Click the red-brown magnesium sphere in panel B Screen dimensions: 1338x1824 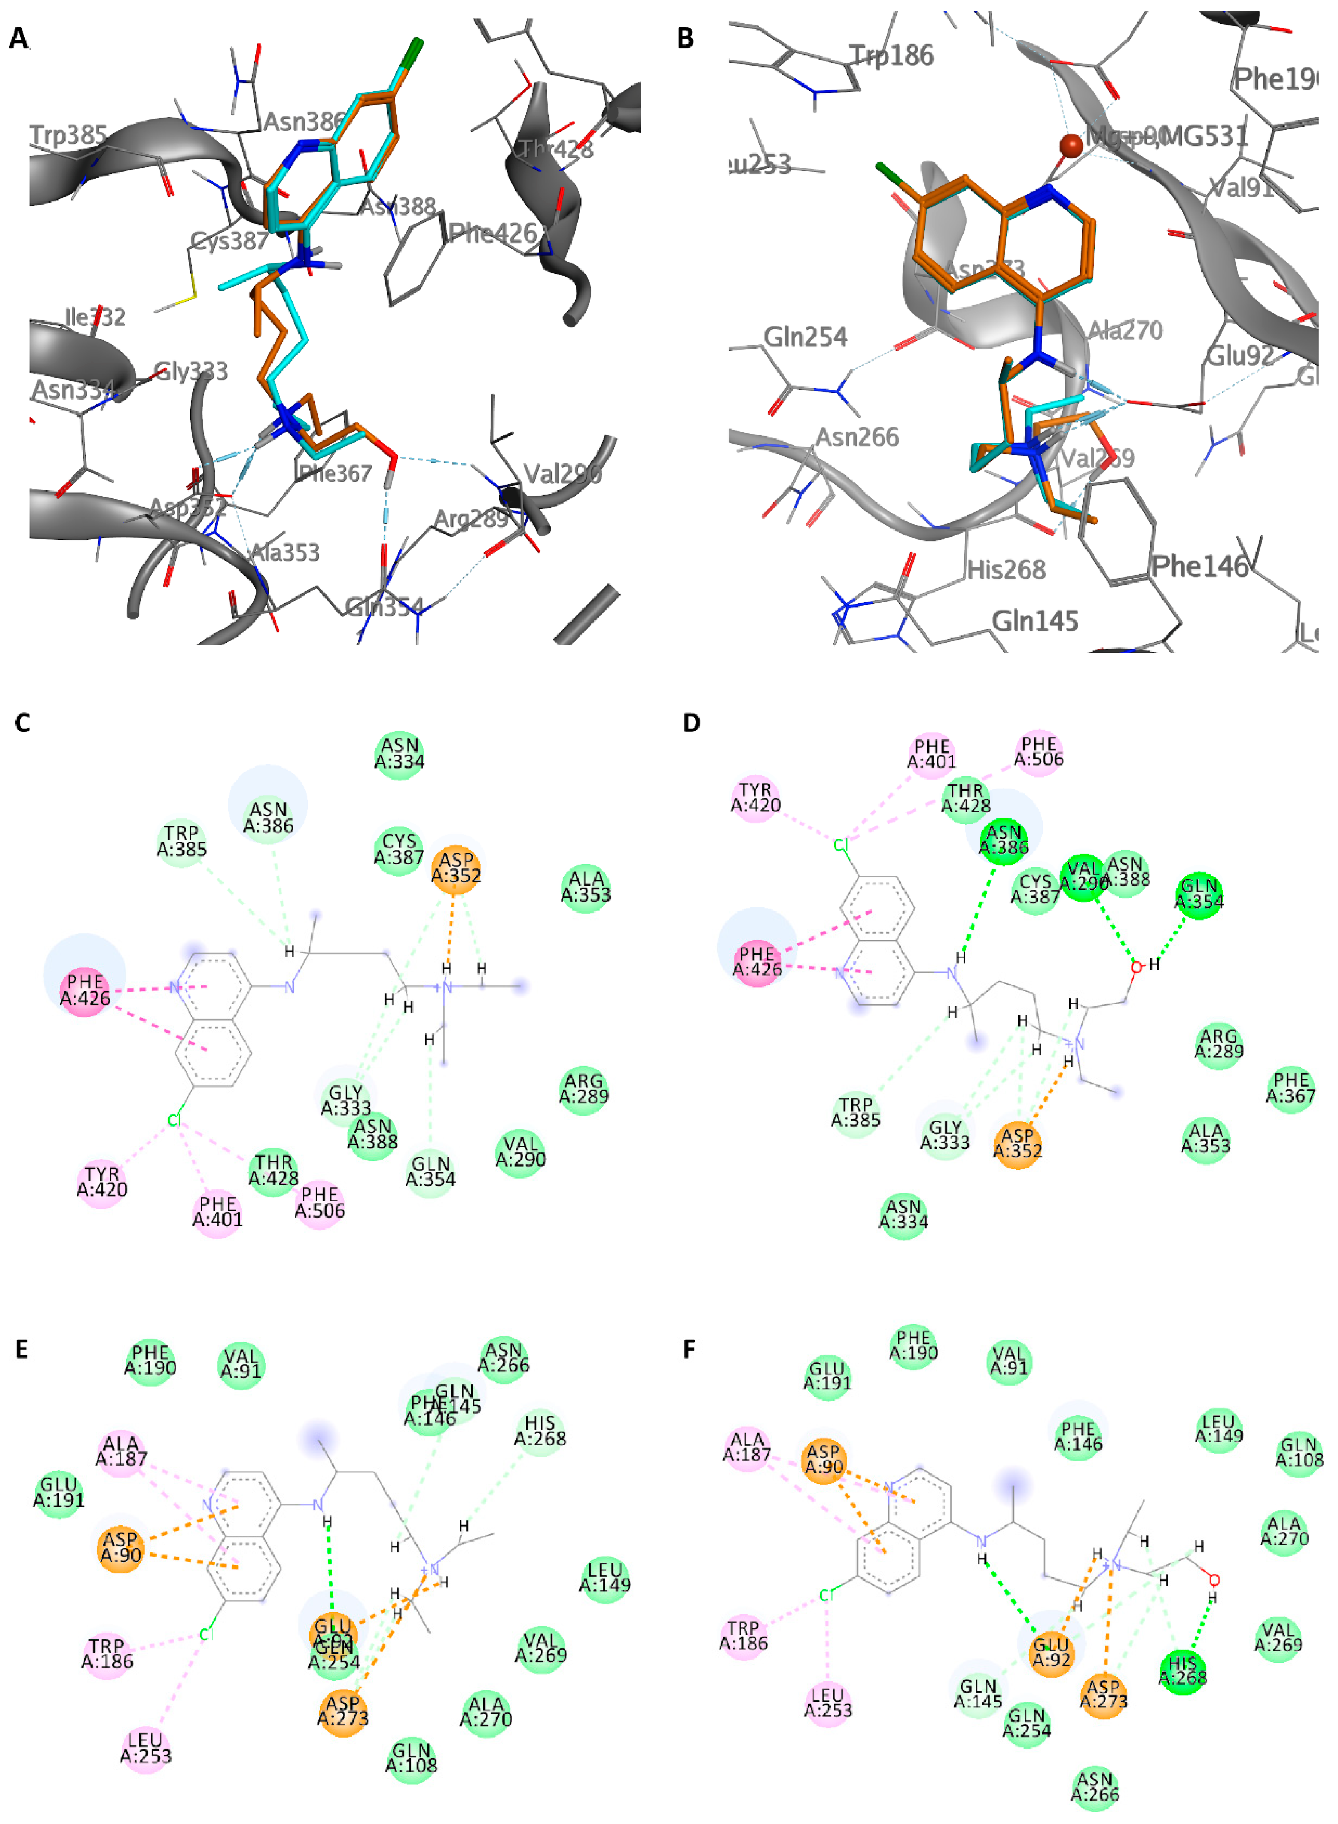point(1071,146)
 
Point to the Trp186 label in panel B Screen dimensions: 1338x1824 point(892,55)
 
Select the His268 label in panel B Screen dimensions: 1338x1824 point(1007,570)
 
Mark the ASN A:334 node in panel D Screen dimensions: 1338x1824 point(903,1214)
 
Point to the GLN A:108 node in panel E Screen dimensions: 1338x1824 point(412,1758)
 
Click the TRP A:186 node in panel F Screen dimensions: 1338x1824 point(743,1635)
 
